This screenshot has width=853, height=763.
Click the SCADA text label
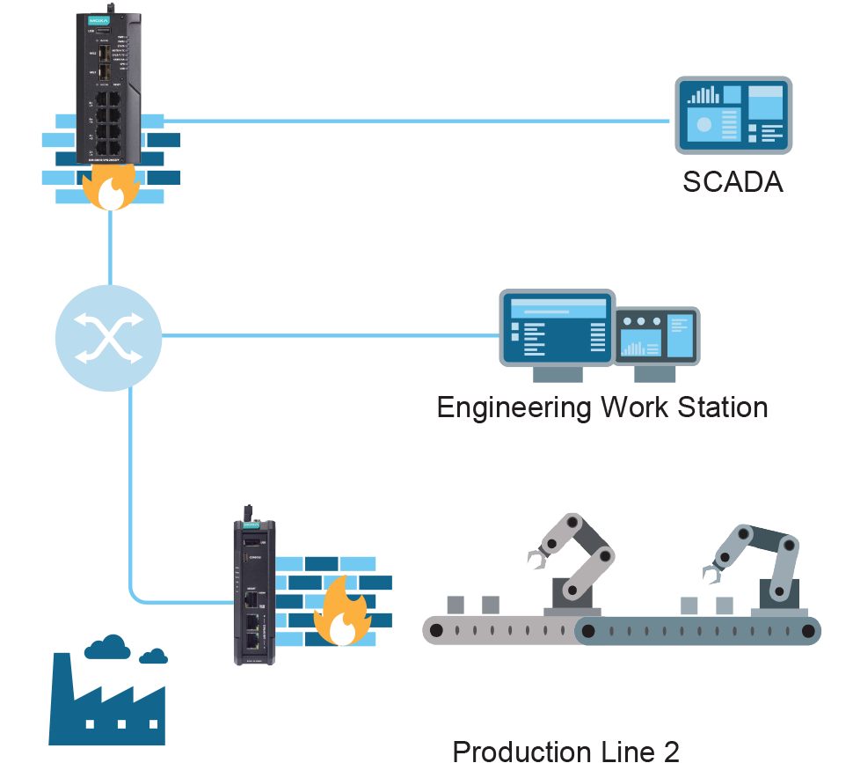coord(733,181)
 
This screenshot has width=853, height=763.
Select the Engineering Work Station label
coord(602,407)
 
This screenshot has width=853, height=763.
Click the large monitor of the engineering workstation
coord(558,327)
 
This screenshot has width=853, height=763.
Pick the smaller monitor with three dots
coord(657,336)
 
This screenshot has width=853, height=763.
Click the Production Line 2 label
coord(565,751)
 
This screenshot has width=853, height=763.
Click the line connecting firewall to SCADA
coord(413,120)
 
